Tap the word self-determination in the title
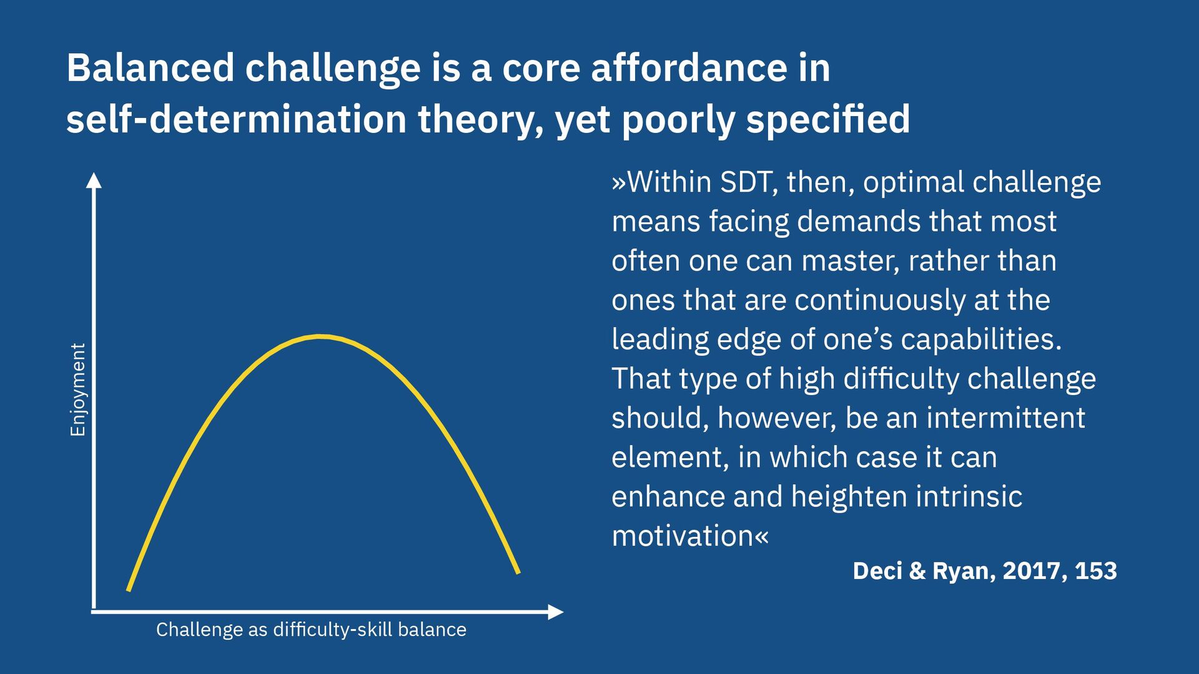[237, 119]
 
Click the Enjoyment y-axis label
[77, 389]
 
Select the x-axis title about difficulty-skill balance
[311, 630]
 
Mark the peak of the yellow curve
[320, 337]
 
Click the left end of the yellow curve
[129, 589]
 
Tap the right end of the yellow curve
[518, 571]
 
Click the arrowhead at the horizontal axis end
[555, 612]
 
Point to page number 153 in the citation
[1096, 571]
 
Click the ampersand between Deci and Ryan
[917, 571]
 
